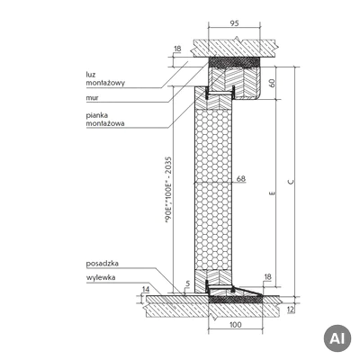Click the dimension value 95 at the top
click(x=234, y=23)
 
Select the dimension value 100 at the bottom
click(x=235, y=325)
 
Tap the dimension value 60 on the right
click(x=272, y=83)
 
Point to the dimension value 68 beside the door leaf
click(x=241, y=179)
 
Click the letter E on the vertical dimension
click(x=272, y=193)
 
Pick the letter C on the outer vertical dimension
click(x=291, y=182)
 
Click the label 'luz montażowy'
click(x=105, y=78)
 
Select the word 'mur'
click(x=92, y=98)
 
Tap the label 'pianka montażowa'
click(x=105, y=119)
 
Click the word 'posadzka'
click(x=103, y=264)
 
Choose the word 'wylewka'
click(x=101, y=277)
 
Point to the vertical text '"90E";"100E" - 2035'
click(x=169, y=190)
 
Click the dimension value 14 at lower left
click(x=146, y=290)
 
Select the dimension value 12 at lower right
click(x=291, y=309)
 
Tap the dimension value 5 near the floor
click(x=188, y=283)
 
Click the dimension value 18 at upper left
click(x=177, y=49)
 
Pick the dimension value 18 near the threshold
click(x=267, y=276)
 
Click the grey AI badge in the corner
click(x=337, y=338)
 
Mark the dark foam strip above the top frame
click(x=234, y=62)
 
